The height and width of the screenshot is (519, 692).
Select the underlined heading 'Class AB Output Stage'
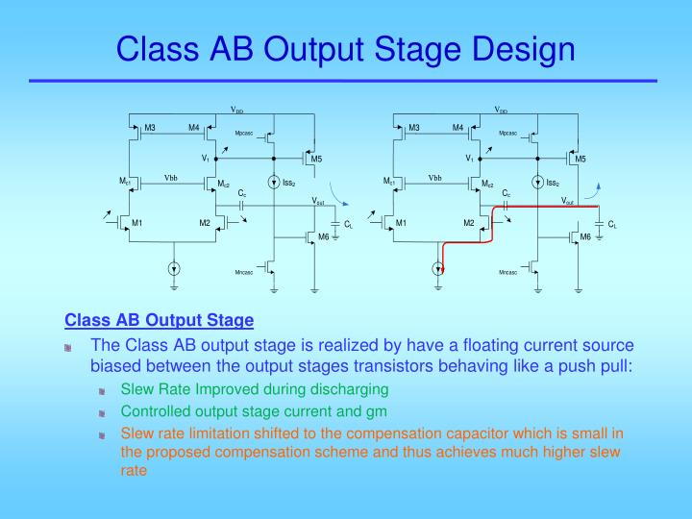[x=159, y=320]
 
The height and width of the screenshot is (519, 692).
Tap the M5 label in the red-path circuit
[x=581, y=159]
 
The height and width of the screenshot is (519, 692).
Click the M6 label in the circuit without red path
[x=324, y=235]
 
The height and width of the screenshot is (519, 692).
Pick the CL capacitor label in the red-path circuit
[x=612, y=224]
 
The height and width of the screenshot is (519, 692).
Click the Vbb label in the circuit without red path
[x=170, y=178]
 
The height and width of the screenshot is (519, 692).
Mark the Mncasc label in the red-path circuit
[x=508, y=274]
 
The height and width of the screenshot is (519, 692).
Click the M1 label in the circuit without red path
[x=137, y=223]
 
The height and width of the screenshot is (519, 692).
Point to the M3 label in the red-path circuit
[x=414, y=128]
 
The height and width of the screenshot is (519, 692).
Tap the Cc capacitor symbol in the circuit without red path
[x=242, y=205]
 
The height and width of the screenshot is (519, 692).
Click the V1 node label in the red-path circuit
[x=469, y=158]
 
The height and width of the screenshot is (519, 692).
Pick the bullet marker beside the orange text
[x=103, y=434]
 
